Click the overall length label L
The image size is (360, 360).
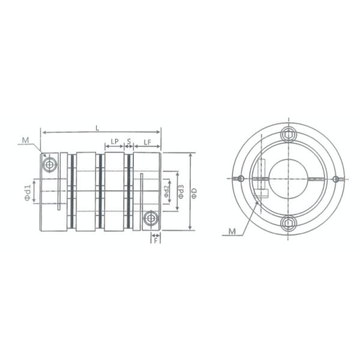coord(98,127)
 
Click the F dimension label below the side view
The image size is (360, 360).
coord(155,241)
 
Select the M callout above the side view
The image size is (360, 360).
coord(25,141)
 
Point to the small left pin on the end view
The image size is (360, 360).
coord(241,179)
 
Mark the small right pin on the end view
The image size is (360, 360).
coord(335,179)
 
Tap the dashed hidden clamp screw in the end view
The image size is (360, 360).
coord(260,179)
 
